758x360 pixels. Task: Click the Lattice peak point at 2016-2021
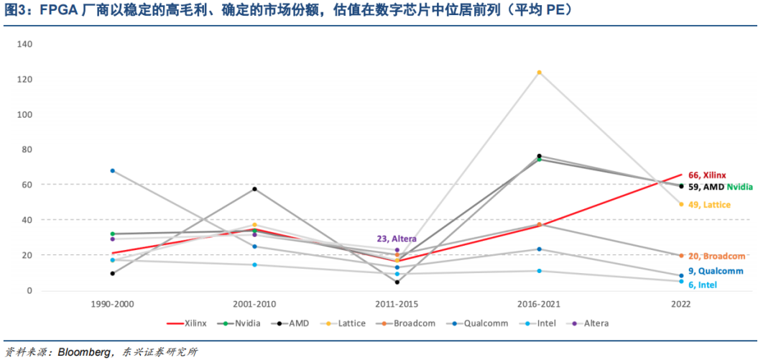(x=539, y=73)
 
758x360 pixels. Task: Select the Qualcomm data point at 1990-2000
(x=113, y=170)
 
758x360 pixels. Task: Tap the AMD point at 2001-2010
(x=254, y=189)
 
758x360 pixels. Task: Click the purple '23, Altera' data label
(x=397, y=239)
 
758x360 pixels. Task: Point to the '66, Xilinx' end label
(x=707, y=175)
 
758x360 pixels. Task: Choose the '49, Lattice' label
(x=709, y=205)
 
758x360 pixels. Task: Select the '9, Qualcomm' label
(x=716, y=271)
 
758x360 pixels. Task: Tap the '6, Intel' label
(x=702, y=285)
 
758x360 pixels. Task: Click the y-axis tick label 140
(x=25, y=44)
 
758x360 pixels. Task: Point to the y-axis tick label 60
(x=27, y=185)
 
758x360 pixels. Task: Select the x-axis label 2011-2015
(x=397, y=305)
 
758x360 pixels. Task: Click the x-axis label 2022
(x=680, y=305)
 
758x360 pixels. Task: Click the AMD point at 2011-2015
(x=397, y=282)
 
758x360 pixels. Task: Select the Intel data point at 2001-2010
(x=254, y=264)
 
